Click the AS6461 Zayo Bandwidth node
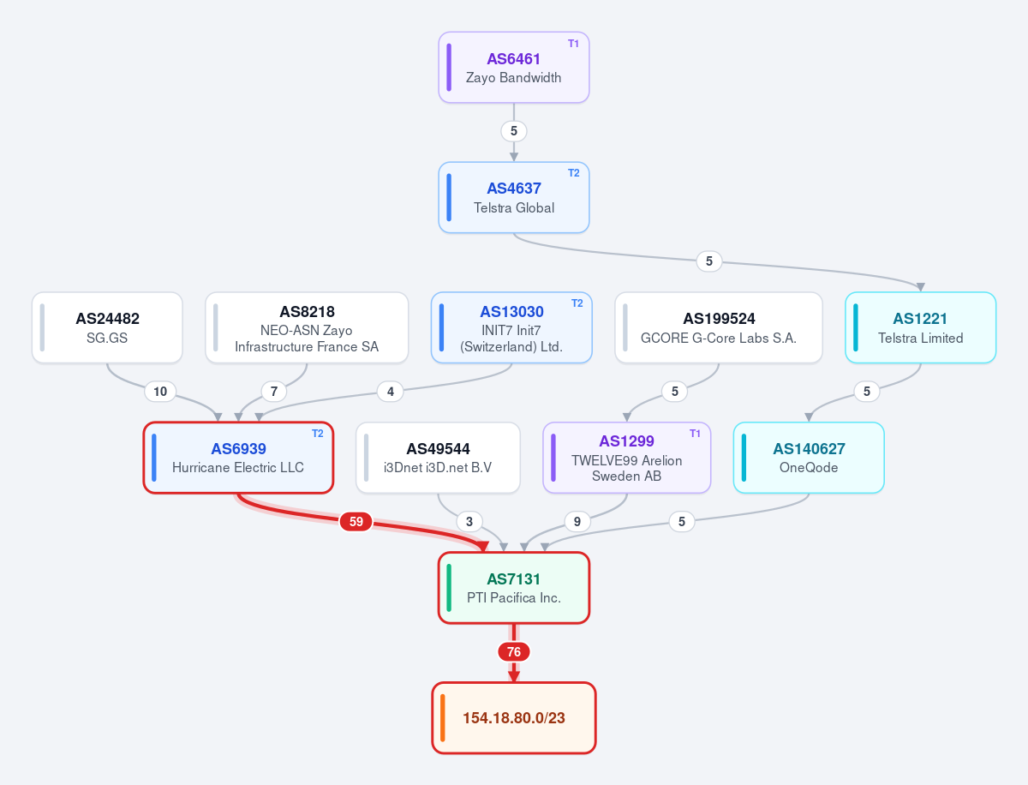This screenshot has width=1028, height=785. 514,68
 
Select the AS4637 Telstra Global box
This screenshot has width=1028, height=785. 514,197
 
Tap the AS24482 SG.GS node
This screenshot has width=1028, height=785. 107,327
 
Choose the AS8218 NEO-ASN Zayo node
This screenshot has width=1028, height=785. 307,327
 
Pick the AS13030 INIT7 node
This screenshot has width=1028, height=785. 511,327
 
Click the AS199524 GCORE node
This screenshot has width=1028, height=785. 719,327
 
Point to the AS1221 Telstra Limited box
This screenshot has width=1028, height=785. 920,327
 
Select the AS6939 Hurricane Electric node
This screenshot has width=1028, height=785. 238,458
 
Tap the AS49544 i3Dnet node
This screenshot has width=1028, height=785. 438,458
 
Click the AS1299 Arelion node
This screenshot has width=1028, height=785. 626,458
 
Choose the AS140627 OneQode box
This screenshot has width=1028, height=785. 809,458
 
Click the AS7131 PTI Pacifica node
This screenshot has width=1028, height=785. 514,588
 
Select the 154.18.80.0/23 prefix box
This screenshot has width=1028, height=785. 514,718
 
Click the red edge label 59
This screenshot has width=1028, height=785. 356,521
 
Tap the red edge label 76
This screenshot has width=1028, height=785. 514,651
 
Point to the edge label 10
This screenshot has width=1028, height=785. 160,391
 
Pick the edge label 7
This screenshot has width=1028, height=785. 274,391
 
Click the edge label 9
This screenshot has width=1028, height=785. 577,521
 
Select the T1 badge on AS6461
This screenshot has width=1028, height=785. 573,44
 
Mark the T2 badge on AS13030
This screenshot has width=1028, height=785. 577,303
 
